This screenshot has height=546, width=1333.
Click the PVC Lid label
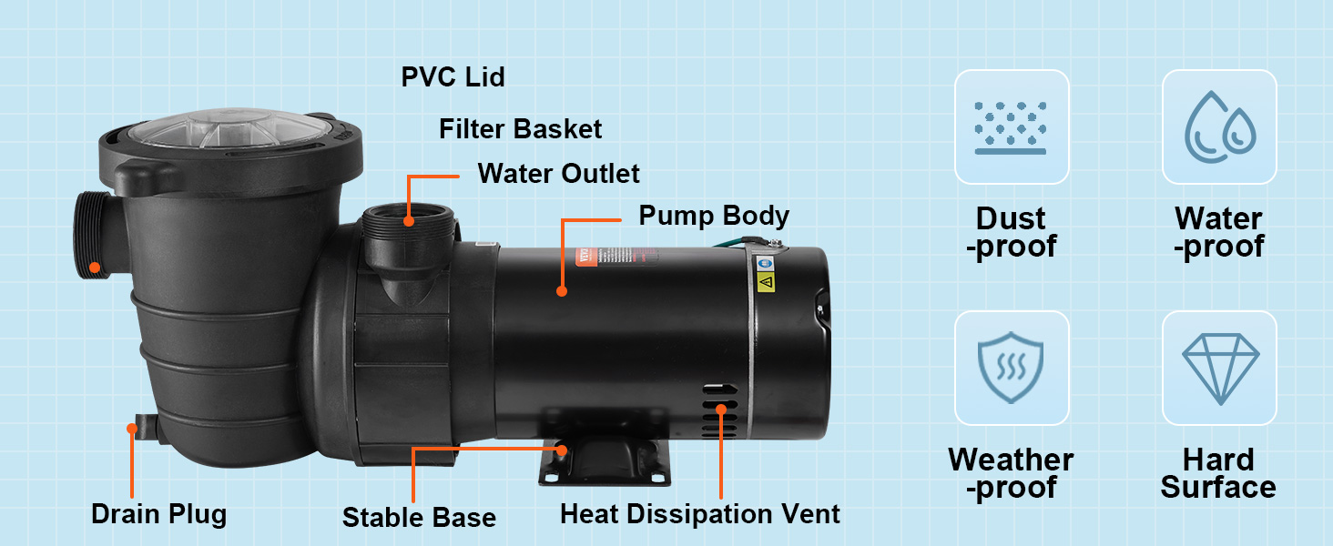click(x=453, y=77)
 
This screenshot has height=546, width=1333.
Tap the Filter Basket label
click(x=520, y=129)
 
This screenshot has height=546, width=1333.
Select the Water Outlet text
click(x=558, y=173)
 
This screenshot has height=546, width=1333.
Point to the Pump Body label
click(x=713, y=217)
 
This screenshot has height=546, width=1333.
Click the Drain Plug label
click(x=158, y=514)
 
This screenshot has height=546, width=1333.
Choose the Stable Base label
click(x=419, y=518)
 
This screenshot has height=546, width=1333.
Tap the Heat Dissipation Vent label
click(x=699, y=514)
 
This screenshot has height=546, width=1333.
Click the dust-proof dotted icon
click(x=1011, y=126)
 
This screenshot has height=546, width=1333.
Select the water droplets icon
click(x=1219, y=126)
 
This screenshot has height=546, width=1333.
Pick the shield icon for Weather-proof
click(x=1011, y=368)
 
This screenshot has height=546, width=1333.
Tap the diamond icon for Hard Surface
click(x=1219, y=368)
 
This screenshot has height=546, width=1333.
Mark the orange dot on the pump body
click(x=562, y=291)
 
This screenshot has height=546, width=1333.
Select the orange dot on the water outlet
click(x=409, y=219)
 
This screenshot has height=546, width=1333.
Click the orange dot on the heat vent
click(x=721, y=409)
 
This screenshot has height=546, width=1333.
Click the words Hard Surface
click(x=1218, y=473)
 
